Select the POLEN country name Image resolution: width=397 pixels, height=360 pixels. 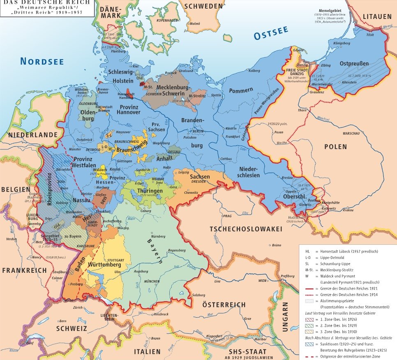pos(335,146)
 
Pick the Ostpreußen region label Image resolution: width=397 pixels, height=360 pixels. pos(354,63)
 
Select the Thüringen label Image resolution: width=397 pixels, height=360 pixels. pos(150,191)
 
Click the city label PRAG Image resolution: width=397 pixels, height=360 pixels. pos(227,215)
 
